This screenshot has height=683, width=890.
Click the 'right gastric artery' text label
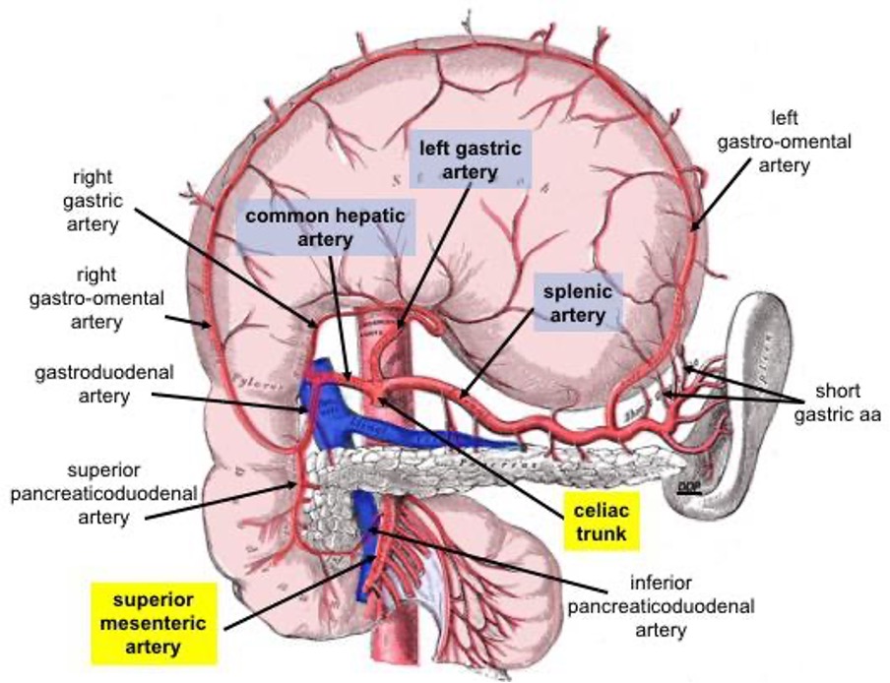95,202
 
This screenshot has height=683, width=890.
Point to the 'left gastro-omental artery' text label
784,142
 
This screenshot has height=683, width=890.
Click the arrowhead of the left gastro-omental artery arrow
693,229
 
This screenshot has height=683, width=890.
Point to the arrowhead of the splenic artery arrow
460,396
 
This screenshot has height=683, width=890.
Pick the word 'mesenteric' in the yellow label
152,622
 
